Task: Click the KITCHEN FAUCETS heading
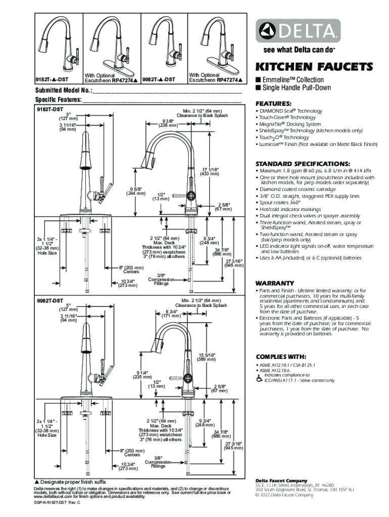315,67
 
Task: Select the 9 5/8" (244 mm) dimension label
136,192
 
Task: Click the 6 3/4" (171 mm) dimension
171,314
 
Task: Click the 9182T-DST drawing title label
50,109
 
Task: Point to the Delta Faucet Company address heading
281,480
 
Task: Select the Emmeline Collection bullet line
293,80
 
